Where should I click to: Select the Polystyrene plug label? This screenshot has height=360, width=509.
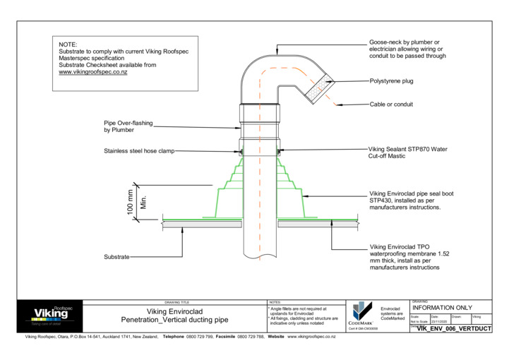click(x=391, y=81)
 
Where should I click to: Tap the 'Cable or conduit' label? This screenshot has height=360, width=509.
click(x=391, y=104)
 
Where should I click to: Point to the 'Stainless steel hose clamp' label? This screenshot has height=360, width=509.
click(x=138, y=151)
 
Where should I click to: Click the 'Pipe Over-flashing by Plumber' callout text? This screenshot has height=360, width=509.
click(x=128, y=126)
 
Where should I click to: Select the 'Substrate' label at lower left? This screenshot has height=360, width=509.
click(x=116, y=257)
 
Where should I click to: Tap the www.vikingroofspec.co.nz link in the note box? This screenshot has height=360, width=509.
click(x=92, y=72)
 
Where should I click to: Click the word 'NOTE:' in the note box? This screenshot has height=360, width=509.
click(x=68, y=44)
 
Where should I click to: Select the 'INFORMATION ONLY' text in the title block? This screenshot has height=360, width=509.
click(x=442, y=308)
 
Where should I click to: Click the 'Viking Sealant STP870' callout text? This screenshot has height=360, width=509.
click(x=407, y=150)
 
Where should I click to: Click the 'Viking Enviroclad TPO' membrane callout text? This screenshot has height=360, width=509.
click(x=405, y=248)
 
